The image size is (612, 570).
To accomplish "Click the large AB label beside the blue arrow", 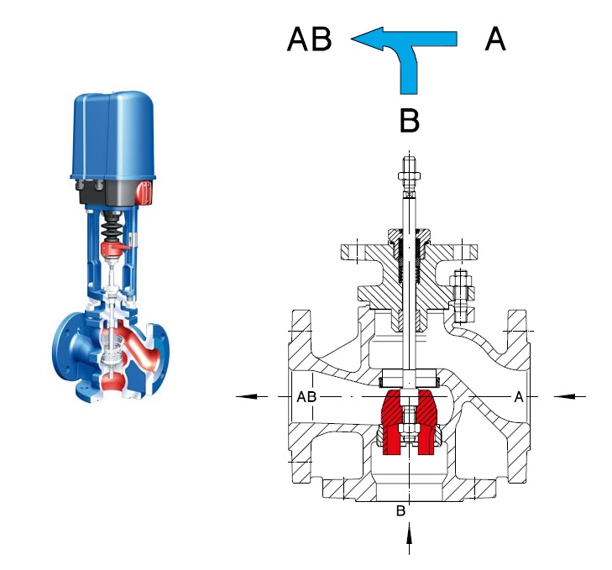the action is [x=309, y=39].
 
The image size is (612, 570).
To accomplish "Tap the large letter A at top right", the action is [x=495, y=39].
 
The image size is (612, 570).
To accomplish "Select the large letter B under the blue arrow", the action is [x=410, y=120].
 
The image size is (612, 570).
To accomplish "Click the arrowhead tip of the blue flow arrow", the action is [x=351, y=39].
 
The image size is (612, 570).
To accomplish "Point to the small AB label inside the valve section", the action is [x=306, y=397].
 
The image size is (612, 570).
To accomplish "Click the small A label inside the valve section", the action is [x=518, y=397].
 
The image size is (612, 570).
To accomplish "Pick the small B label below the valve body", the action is [x=400, y=511].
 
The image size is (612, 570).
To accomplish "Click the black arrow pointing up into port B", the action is [x=409, y=538].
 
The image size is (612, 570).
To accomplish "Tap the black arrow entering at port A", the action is [x=570, y=397].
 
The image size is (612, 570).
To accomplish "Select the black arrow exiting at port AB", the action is [x=252, y=396].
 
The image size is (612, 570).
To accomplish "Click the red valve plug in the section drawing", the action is [x=409, y=421].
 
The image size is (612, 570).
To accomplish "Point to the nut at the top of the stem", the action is [x=409, y=175].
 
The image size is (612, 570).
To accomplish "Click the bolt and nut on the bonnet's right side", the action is [x=462, y=296].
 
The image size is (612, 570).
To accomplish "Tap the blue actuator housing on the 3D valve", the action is [x=113, y=136].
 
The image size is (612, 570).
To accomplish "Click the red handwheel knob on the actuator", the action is [x=144, y=192].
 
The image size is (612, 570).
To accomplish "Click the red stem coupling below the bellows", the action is [x=112, y=249].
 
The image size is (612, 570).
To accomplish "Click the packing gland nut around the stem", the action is [x=409, y=236].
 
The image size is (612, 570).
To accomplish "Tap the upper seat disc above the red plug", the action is [x=409, y=378].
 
